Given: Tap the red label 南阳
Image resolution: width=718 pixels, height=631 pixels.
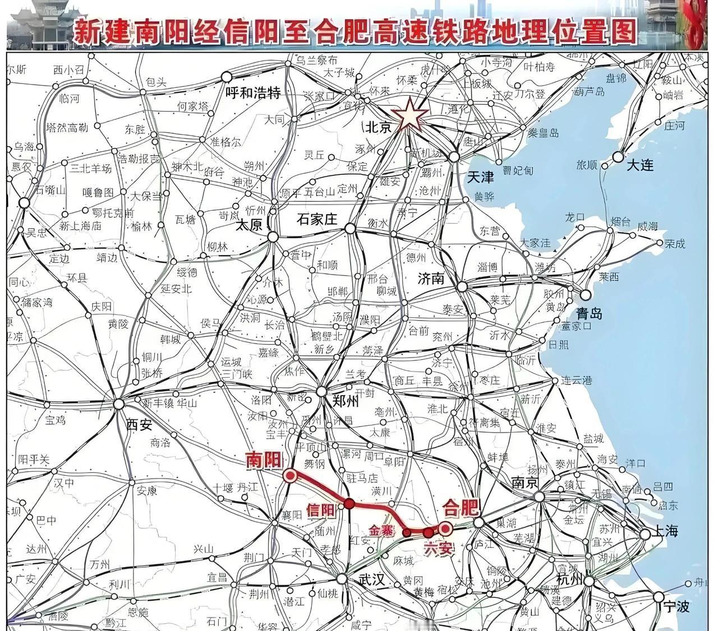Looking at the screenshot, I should point(264,461).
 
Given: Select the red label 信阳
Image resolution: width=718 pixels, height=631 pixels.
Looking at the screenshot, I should point(320,510).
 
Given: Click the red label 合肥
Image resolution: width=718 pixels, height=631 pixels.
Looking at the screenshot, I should point(461,508).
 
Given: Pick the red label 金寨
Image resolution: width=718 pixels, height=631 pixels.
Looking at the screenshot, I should point(383,530).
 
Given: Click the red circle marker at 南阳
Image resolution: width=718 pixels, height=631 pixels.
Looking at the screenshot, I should point(290,476).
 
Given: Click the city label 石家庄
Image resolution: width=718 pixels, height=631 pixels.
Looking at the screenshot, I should point(317,219).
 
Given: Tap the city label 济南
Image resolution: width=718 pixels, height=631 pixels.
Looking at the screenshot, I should point(431,279).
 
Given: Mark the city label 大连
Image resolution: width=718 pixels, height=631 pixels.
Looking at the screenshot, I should point(640,165).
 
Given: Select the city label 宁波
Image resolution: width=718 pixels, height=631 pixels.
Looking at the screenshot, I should point(676,607).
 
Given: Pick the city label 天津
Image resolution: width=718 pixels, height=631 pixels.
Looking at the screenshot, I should point(480,178).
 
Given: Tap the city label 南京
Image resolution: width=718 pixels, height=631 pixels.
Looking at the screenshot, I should point(525,482).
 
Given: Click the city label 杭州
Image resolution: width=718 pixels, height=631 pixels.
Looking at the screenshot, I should point(569,579).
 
